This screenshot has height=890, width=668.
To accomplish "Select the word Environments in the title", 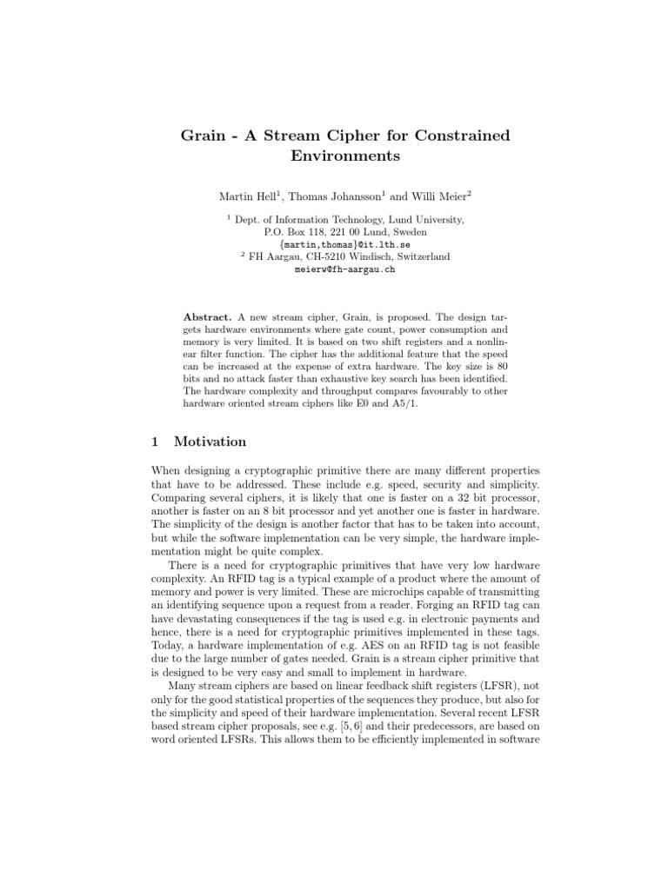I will pyautogui.click(x=333, y=157).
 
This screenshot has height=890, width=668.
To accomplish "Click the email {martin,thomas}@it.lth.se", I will pyautogui.click(x=333, y=245).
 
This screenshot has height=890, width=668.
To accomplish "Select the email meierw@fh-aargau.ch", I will pyautogui.click(x=334, y=269).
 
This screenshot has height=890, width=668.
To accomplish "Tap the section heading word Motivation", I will pyautogui.click(x=210, y=442).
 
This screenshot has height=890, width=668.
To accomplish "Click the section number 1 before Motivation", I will pyautogui.click(x=155, y=442).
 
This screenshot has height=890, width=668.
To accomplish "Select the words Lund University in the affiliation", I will pyautogui.click(x=417, y=221).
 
